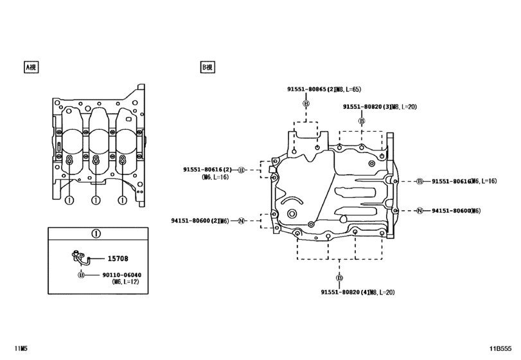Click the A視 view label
(x=31, y=66)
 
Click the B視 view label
(x=208, y=66)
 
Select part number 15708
(x=117, y=258)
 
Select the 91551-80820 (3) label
(x=367, y=107)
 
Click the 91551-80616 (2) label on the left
(x=208, y=170)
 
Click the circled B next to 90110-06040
(x=81, y=274)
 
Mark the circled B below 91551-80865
(x=306, y=104)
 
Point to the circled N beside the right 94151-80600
(x=419, y=210)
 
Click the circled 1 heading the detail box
(x=95, y=233)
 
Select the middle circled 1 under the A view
(x=95, y=201)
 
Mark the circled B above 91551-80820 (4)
(x=338, y=278)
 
